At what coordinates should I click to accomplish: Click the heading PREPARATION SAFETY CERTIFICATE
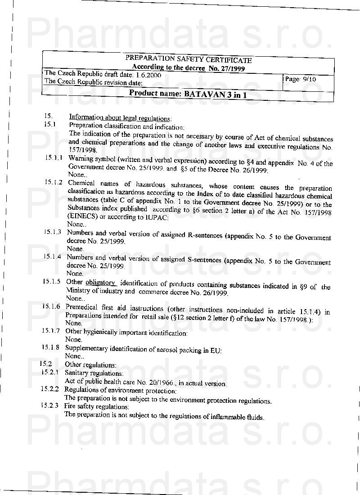[188, 59]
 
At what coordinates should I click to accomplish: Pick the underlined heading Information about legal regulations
[120, 118]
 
